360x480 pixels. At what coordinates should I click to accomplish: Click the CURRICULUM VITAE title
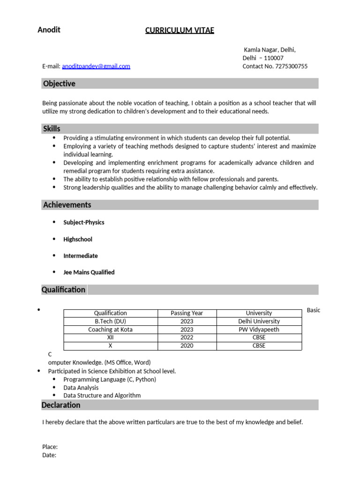180,30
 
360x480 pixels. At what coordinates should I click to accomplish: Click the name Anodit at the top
49,30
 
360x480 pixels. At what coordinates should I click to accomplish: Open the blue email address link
96,66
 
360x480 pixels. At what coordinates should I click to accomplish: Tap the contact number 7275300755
291,66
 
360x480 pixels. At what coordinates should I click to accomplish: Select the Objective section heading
59,83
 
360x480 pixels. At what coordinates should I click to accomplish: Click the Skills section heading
52,128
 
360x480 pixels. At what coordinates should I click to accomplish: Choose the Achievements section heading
67,205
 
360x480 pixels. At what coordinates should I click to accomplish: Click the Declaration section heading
61,405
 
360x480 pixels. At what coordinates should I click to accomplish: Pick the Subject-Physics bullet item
84,223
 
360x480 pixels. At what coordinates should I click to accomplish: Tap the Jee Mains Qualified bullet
89,272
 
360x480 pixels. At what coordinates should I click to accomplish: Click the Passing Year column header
187,313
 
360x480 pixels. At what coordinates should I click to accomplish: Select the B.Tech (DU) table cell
111,322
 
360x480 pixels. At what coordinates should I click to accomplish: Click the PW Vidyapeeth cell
259,330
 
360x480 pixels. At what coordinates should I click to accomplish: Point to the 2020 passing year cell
187,346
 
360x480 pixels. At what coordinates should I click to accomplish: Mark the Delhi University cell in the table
259,322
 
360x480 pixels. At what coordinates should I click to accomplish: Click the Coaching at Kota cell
111,330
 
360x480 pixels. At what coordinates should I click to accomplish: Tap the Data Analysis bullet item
81,388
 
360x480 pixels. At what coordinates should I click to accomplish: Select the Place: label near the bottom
50,447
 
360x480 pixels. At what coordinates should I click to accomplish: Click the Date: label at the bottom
49,455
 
